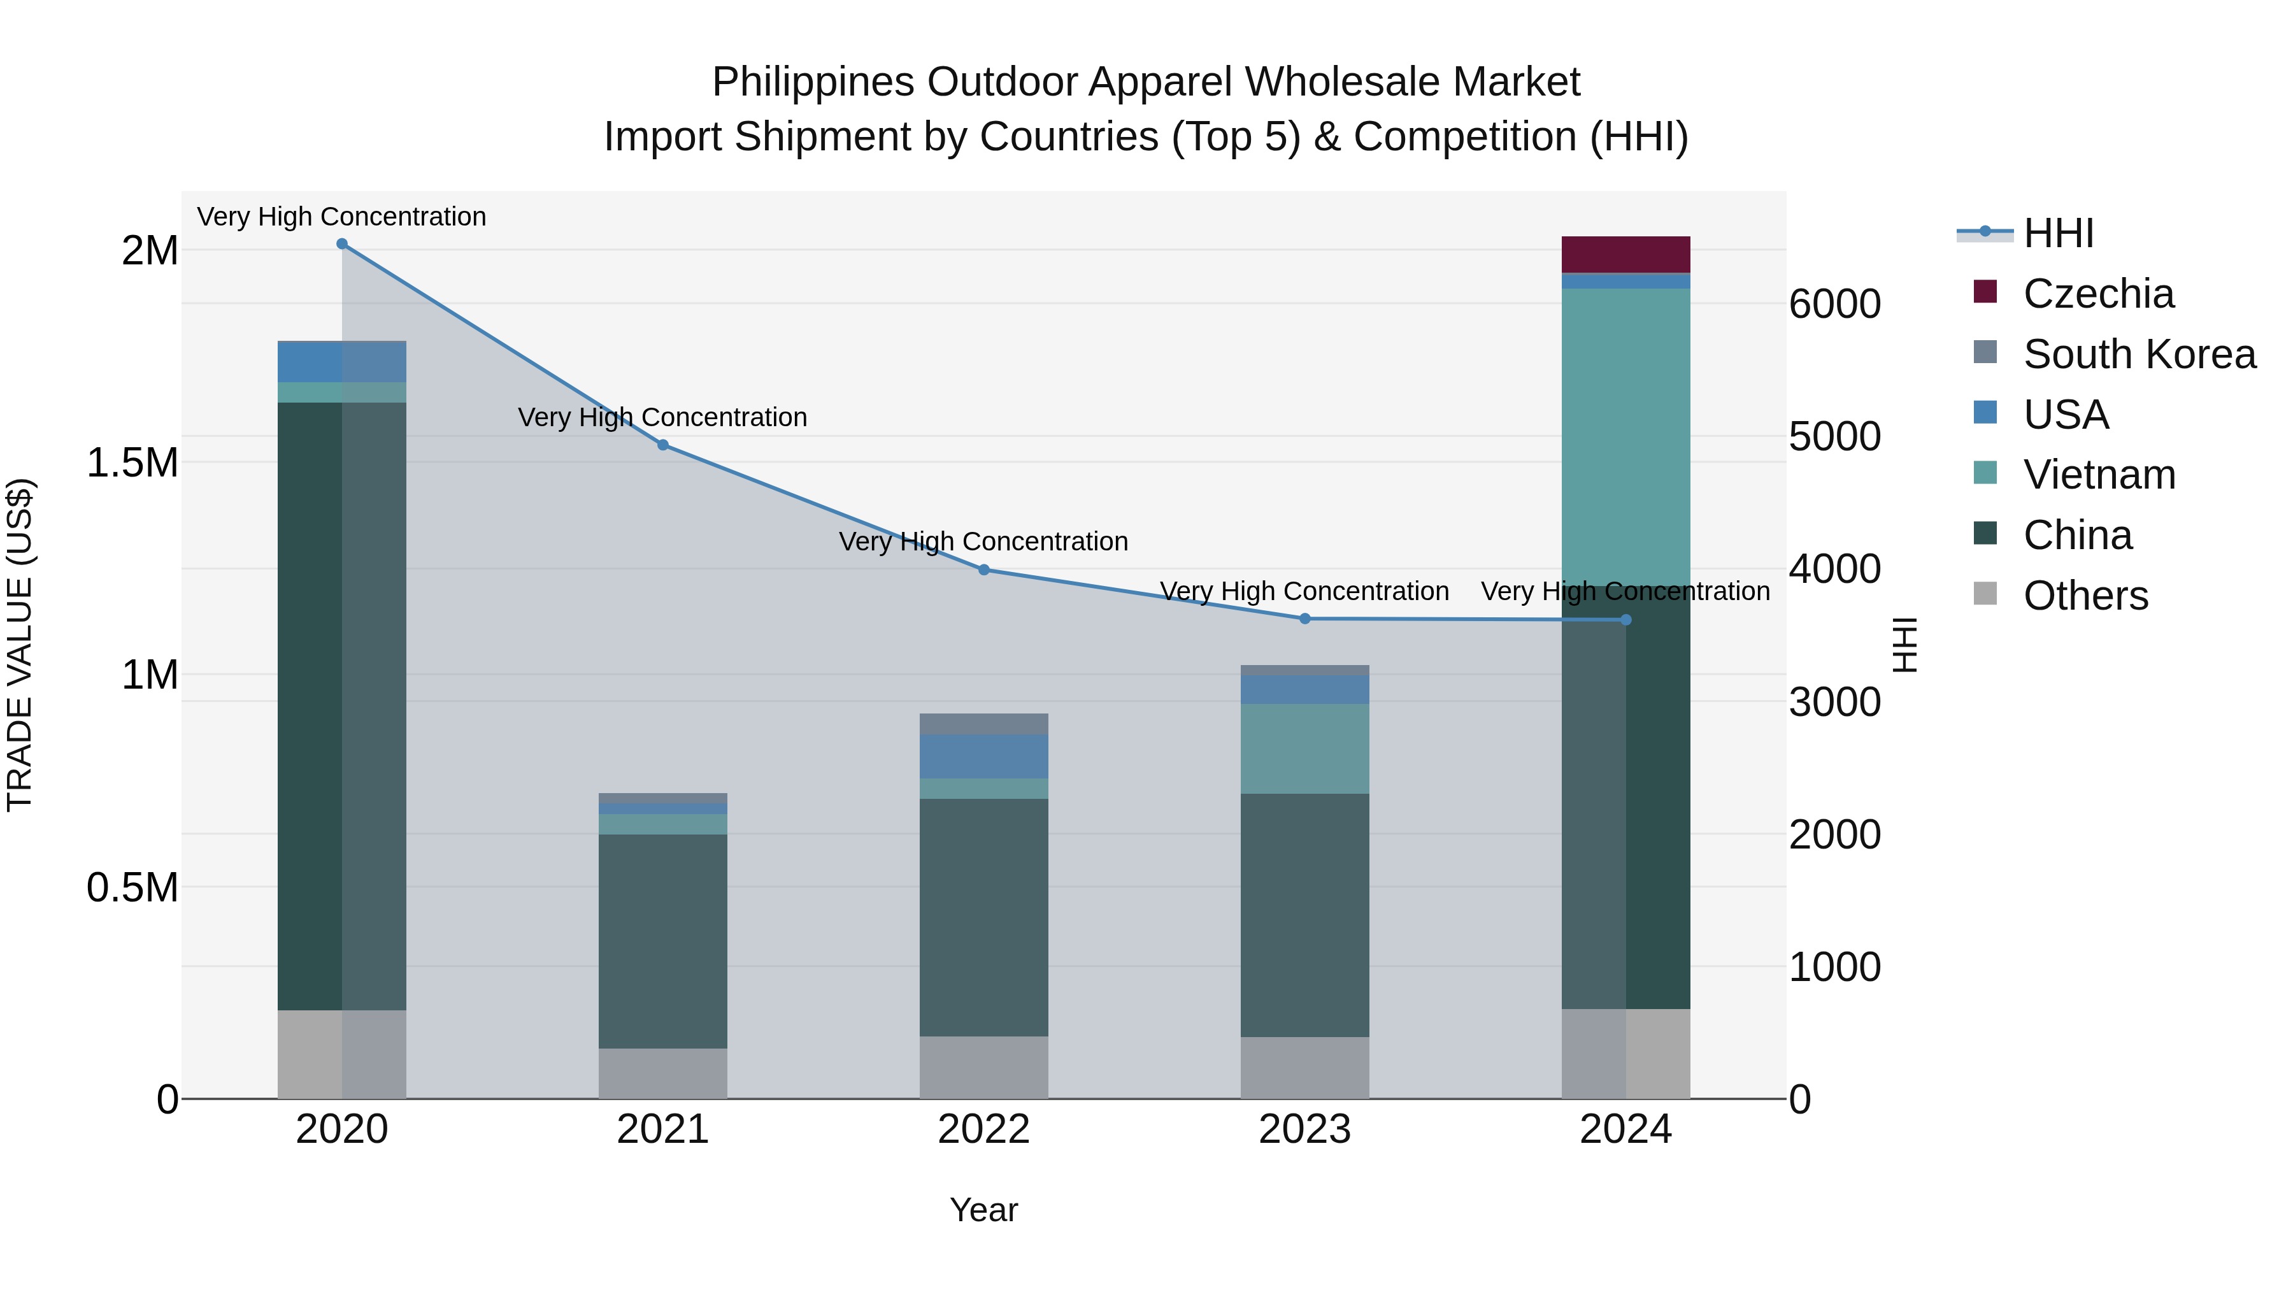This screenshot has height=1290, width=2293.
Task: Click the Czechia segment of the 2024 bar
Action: [x=1625, y=255]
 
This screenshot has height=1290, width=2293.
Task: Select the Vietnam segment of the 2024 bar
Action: [x=1625, y=436]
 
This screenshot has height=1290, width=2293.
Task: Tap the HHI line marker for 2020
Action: [x=342, y=244]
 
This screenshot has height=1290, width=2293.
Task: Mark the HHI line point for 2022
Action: [x=983, y=570]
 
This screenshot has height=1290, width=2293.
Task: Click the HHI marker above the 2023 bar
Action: [x=1305, y=619]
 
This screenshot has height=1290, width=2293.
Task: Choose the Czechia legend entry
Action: [x=2098, y=294]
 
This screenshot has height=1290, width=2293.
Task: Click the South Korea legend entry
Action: [x=2139, y=354]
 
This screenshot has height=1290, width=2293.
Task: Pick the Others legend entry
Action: [x=2085, y=596]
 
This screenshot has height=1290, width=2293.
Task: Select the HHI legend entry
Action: [x=2058, y=233]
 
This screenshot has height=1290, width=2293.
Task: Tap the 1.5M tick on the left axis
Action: [x=132, y=463]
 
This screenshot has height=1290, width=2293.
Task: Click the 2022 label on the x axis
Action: [x=983, y=1129]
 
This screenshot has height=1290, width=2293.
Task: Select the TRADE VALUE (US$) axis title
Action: [x=20, y=645]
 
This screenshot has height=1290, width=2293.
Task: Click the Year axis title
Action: [x=983, y=1210]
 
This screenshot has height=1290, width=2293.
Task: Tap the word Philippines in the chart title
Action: [x=813, y=82]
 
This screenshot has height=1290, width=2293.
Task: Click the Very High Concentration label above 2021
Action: [x=663, y=417]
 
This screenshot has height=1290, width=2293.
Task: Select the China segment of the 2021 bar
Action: [x=663, y=941]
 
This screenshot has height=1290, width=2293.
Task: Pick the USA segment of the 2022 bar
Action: [x=983, y=757]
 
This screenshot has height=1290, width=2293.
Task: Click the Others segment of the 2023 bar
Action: [x=1305, y=1068]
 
